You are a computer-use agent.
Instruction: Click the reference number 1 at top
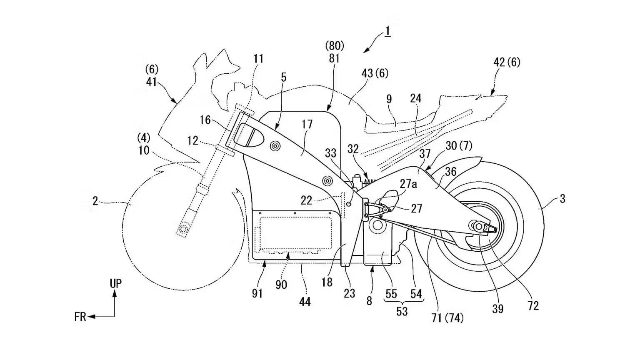tap(387, 31)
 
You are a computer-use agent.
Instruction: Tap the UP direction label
tap(115, 284)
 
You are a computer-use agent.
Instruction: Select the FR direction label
tap(80, 317)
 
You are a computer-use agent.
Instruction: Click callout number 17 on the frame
tap(307, 125)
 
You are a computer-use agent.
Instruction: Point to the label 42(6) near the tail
tap(507, 62)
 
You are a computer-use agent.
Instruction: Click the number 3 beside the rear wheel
tap(562, 199)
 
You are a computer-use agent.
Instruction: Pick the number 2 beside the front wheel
tap(95, 201)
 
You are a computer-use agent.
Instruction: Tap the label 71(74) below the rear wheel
tap(447, 318)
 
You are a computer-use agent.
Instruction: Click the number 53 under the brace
tap(402, 311)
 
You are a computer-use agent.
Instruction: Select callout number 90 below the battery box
tap(281, 285)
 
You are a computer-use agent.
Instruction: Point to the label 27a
tap(408, 184)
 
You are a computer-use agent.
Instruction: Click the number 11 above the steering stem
tap(258, 59)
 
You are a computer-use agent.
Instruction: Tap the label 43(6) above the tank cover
tap(375, 74)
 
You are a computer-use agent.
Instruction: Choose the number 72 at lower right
tap(533, 306)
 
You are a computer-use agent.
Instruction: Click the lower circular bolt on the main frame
tap(327, 181)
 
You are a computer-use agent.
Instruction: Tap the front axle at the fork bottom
tap(182, 229)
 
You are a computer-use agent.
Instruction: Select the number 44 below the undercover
tap(305, 301)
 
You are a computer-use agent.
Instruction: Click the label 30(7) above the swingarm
tap(459, 146)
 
